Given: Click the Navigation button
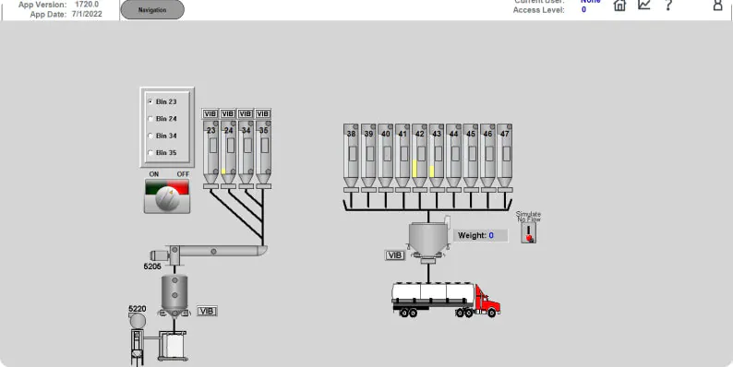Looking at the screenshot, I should (x=151, y=9).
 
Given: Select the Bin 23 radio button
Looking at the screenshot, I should (x=150, y=101).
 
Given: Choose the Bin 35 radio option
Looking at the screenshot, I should (x=150, y=152).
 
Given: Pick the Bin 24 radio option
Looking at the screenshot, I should (x=150, y=119).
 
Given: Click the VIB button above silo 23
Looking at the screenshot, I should (x=210, y=113).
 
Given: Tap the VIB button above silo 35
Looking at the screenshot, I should (x=263, y=113).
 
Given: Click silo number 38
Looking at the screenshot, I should (x=351, y=155).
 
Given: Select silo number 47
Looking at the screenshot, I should (x=504, y=155).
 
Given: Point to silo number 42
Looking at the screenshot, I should (x=419, y=155).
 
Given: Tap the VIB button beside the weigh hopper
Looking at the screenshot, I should (x=395, y=255).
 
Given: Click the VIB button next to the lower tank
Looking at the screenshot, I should (x=207, y=312).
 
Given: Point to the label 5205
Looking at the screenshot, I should (x=152, y=266).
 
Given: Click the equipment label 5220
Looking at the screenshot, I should (x=137, y=309).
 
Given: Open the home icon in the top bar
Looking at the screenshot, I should (x=619, y=6).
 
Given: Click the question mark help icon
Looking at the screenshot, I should (x=668, y=6).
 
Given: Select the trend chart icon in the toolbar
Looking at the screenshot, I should (x=644, y=6).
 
